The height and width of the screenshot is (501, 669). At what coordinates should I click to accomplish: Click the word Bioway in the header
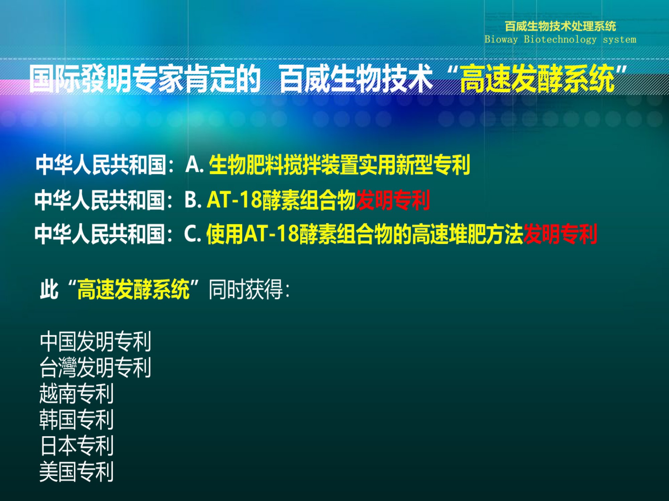pyautogui.click(x=501, y=39)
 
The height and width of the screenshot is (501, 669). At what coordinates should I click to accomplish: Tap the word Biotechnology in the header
pyautogui.click(x=560, y=39)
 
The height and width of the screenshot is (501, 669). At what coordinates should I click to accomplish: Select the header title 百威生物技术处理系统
pyautogui.click(x=560, y=26)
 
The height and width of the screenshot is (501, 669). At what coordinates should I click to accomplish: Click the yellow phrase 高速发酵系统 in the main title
pyautogui.click(x=538, y=79)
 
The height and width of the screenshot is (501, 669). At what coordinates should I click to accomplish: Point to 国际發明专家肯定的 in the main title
pyautogui.click(x=145, y=79)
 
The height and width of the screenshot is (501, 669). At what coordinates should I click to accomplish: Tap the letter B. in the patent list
pyautogui.click(x=193, y=199)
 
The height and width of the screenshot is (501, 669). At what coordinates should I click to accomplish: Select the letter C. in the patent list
pyautogui.click(x=192, y=234)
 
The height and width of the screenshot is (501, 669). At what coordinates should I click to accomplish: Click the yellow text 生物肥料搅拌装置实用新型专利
pyautogui.click(x=340, y=165)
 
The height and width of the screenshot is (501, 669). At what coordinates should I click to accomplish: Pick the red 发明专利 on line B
pyautogui.click(x=393, y=200)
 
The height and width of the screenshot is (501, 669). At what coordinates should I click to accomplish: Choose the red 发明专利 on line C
pyautogui.click(x=560, y=234)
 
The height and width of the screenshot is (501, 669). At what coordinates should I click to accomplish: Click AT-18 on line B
pyautogui.click(x=234, y=199)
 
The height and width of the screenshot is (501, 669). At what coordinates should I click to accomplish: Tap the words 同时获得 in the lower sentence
pyautogui.click(x=246, y=289)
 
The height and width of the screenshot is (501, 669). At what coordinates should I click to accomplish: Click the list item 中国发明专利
pyautogui.click(x=95, y=341)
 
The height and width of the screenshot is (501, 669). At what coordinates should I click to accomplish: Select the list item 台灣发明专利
pyautogui.click(x=95, y=367)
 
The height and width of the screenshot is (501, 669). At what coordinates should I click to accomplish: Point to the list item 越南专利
pyautogui.click(x=77, y=393)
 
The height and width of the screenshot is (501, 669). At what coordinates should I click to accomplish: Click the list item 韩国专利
pyautogui.click(x=77, y=420)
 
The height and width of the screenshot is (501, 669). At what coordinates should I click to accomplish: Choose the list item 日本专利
pyautogui.click(x=77, y=446)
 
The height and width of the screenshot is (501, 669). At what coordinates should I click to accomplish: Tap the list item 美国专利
pyautogui.click(x=77, y=471)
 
